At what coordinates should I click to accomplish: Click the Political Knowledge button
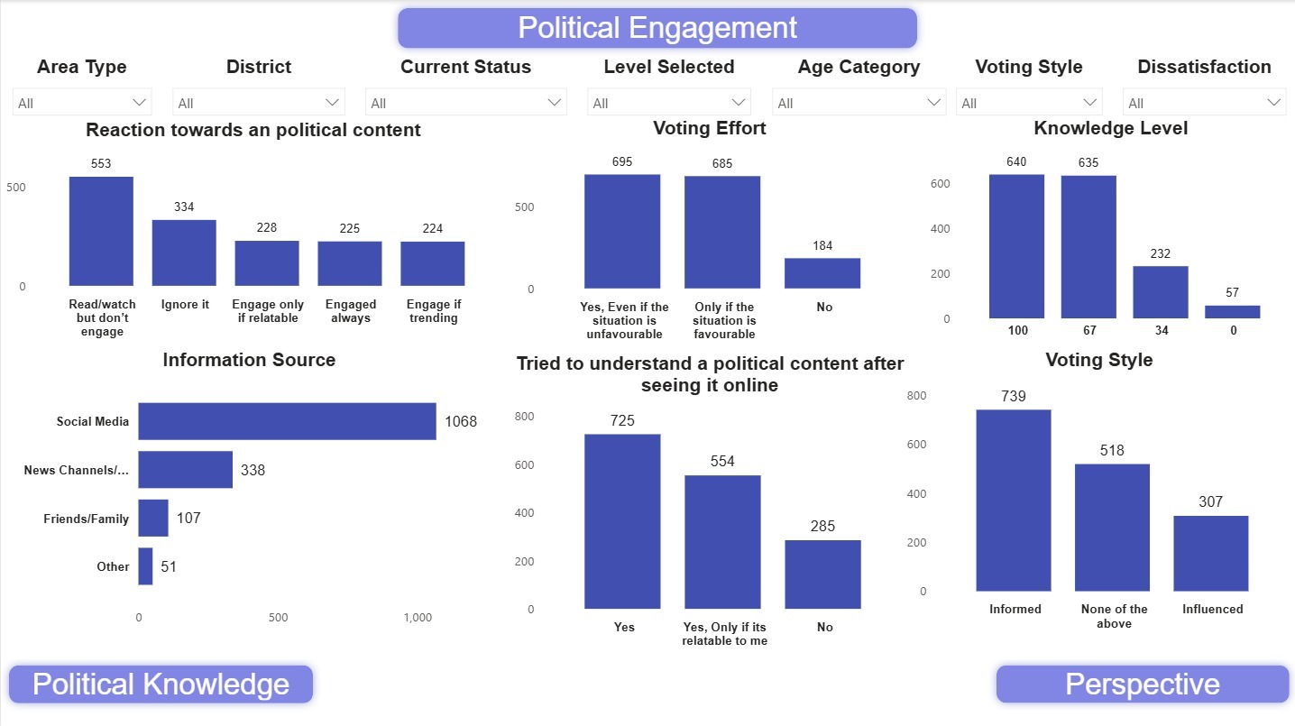coord(161,685)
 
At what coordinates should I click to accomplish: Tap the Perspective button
coord(1143,685)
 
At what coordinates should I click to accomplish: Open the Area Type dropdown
coord(82,102)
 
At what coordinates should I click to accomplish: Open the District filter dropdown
coord(259,102)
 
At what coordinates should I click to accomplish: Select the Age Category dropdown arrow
coord(933,102)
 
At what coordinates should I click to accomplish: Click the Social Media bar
coord(287,421)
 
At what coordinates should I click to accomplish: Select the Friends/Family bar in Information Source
coord(153,518)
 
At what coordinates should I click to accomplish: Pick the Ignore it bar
coord(184,253)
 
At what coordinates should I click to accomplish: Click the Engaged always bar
coord(350,263)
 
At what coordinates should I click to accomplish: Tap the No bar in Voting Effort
coord(822,273)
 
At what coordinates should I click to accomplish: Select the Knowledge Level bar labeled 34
coord(1161,292)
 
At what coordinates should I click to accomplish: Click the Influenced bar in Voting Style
coord(1210,553)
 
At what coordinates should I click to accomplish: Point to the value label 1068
coord(461,421)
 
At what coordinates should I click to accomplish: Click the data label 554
coord(722,461)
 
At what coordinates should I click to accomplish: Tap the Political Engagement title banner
coord(657,28)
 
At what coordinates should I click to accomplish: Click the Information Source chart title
coord(249,360)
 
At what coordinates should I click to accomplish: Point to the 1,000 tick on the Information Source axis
coord(418,618)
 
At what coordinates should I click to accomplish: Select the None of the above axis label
coord(1114,616)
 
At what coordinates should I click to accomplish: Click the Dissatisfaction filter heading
coord(1204,67)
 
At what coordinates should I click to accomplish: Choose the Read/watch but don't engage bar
coord(101,231)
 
